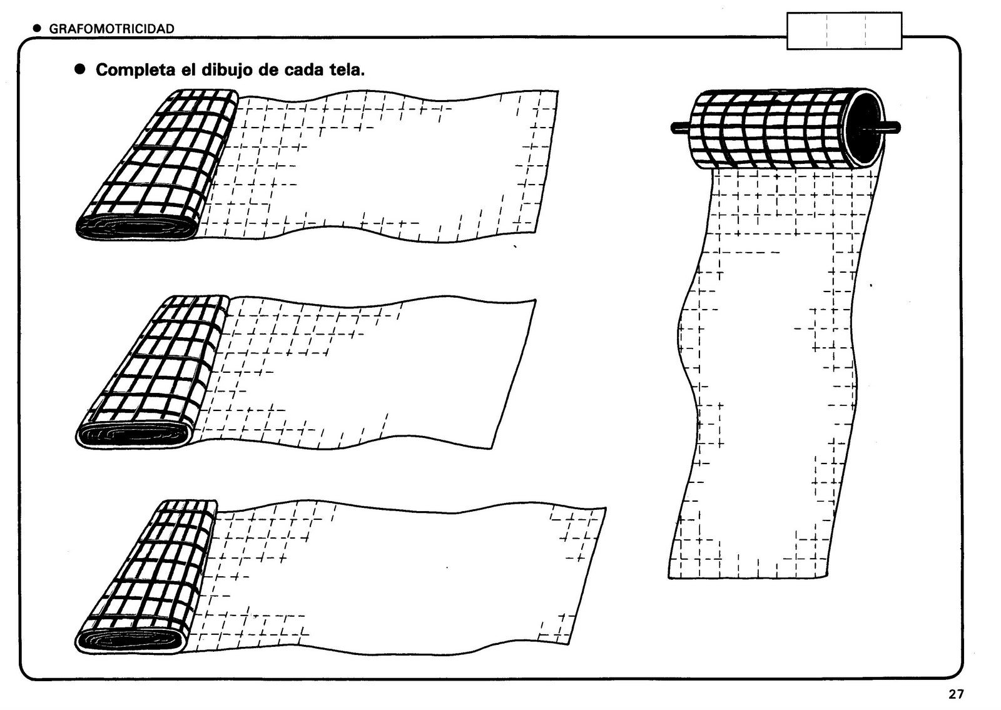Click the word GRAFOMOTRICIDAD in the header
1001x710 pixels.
coord(111,28)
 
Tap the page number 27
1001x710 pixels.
coord(955,694)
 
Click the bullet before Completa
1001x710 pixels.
coord(79,69)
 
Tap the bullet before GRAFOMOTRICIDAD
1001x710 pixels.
coord(37,28)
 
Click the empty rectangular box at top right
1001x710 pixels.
coord(845,31)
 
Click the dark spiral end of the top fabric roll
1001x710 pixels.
coord(135,226)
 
